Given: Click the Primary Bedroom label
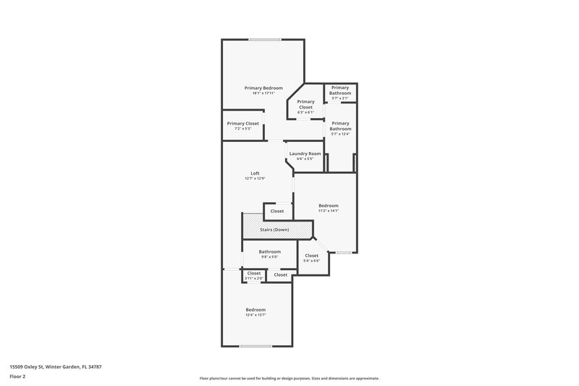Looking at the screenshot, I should [263, 88].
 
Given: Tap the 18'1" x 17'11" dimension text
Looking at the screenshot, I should [263, 93].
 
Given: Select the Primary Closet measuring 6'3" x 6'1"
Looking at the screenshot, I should [305, 104].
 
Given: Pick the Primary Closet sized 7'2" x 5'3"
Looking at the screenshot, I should [242, 124].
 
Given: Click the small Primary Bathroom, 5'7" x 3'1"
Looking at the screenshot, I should [340, 91].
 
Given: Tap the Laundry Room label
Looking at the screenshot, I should [305, 154].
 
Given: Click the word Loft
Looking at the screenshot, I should [255, 172].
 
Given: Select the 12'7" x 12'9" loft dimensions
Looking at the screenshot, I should [255, 179].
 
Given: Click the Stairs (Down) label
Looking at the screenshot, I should [276, 230].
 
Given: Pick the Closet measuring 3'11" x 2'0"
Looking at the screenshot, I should [253, 274].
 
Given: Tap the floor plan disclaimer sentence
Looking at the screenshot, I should [289, 378].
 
